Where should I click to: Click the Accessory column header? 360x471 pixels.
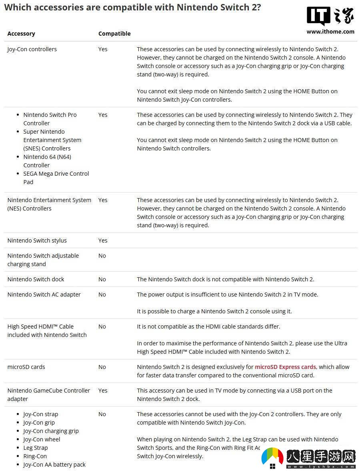coord(21,34)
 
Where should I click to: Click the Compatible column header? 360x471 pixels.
coord(114,34)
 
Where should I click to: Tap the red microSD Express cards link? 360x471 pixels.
coord(285,367)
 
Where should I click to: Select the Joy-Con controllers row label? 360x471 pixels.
coord(32,49)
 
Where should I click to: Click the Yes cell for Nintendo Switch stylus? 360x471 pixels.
coord(103,241)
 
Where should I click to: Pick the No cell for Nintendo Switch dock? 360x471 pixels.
coord(102,279)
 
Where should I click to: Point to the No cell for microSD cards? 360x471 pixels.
coord(102,367)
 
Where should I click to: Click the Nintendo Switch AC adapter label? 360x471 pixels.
coord(44,295)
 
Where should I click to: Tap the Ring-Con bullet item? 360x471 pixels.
coord(35,456)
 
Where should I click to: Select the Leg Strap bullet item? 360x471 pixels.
coord(35,448)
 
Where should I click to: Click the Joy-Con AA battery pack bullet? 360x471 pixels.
coord(54,465)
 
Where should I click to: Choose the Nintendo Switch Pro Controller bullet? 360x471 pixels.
coord(50,119)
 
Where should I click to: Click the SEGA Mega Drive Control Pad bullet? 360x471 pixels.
coord(56,178)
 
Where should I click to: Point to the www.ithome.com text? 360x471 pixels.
coord(330,32)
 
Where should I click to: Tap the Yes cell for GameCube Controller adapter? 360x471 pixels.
coord(103,391)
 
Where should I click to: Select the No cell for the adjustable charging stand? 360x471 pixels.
coord(102,256)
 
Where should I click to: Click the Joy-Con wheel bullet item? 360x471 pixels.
coord(42,439)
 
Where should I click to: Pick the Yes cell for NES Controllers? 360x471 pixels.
coord(103,200)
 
